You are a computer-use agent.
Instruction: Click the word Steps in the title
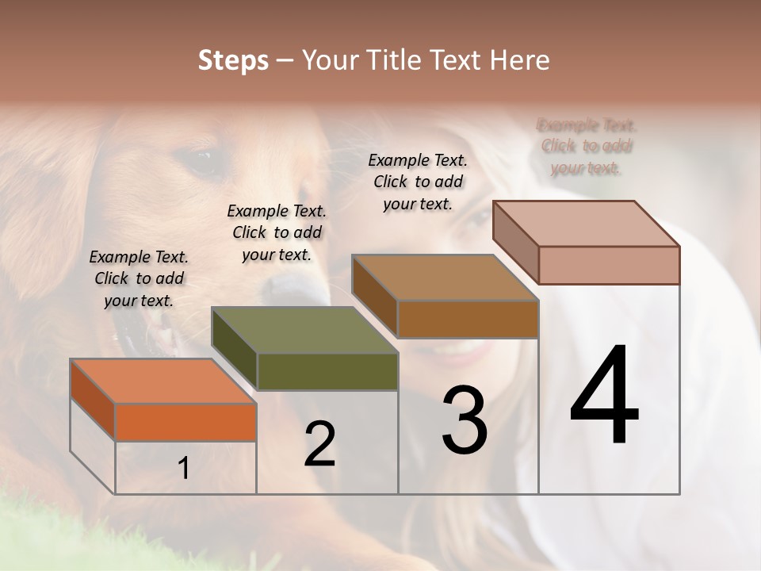tap(232, 60)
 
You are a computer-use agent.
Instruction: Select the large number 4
tap(604, 397)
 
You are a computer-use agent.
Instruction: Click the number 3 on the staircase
tap(465, 420)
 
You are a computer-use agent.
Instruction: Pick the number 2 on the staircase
tap(319, 444)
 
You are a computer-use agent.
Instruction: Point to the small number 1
tap(184, 469)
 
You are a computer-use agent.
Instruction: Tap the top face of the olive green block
tap(305, 330)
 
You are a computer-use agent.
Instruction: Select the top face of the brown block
tap(446, 278)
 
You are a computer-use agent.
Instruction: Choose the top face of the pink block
tap(587, 224)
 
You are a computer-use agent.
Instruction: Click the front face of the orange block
tap(185, 422)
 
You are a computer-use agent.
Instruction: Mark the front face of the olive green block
tap(327, 371)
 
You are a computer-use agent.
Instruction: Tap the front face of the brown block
tap(468, 319)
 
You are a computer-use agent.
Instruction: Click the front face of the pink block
tap(609, 265)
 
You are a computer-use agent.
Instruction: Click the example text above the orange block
tap(139, 278)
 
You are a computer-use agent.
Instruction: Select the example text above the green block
tap(277, 232)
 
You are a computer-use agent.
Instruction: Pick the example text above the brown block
tap(418, 182)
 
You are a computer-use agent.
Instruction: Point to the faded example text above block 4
tap(587, 147)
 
